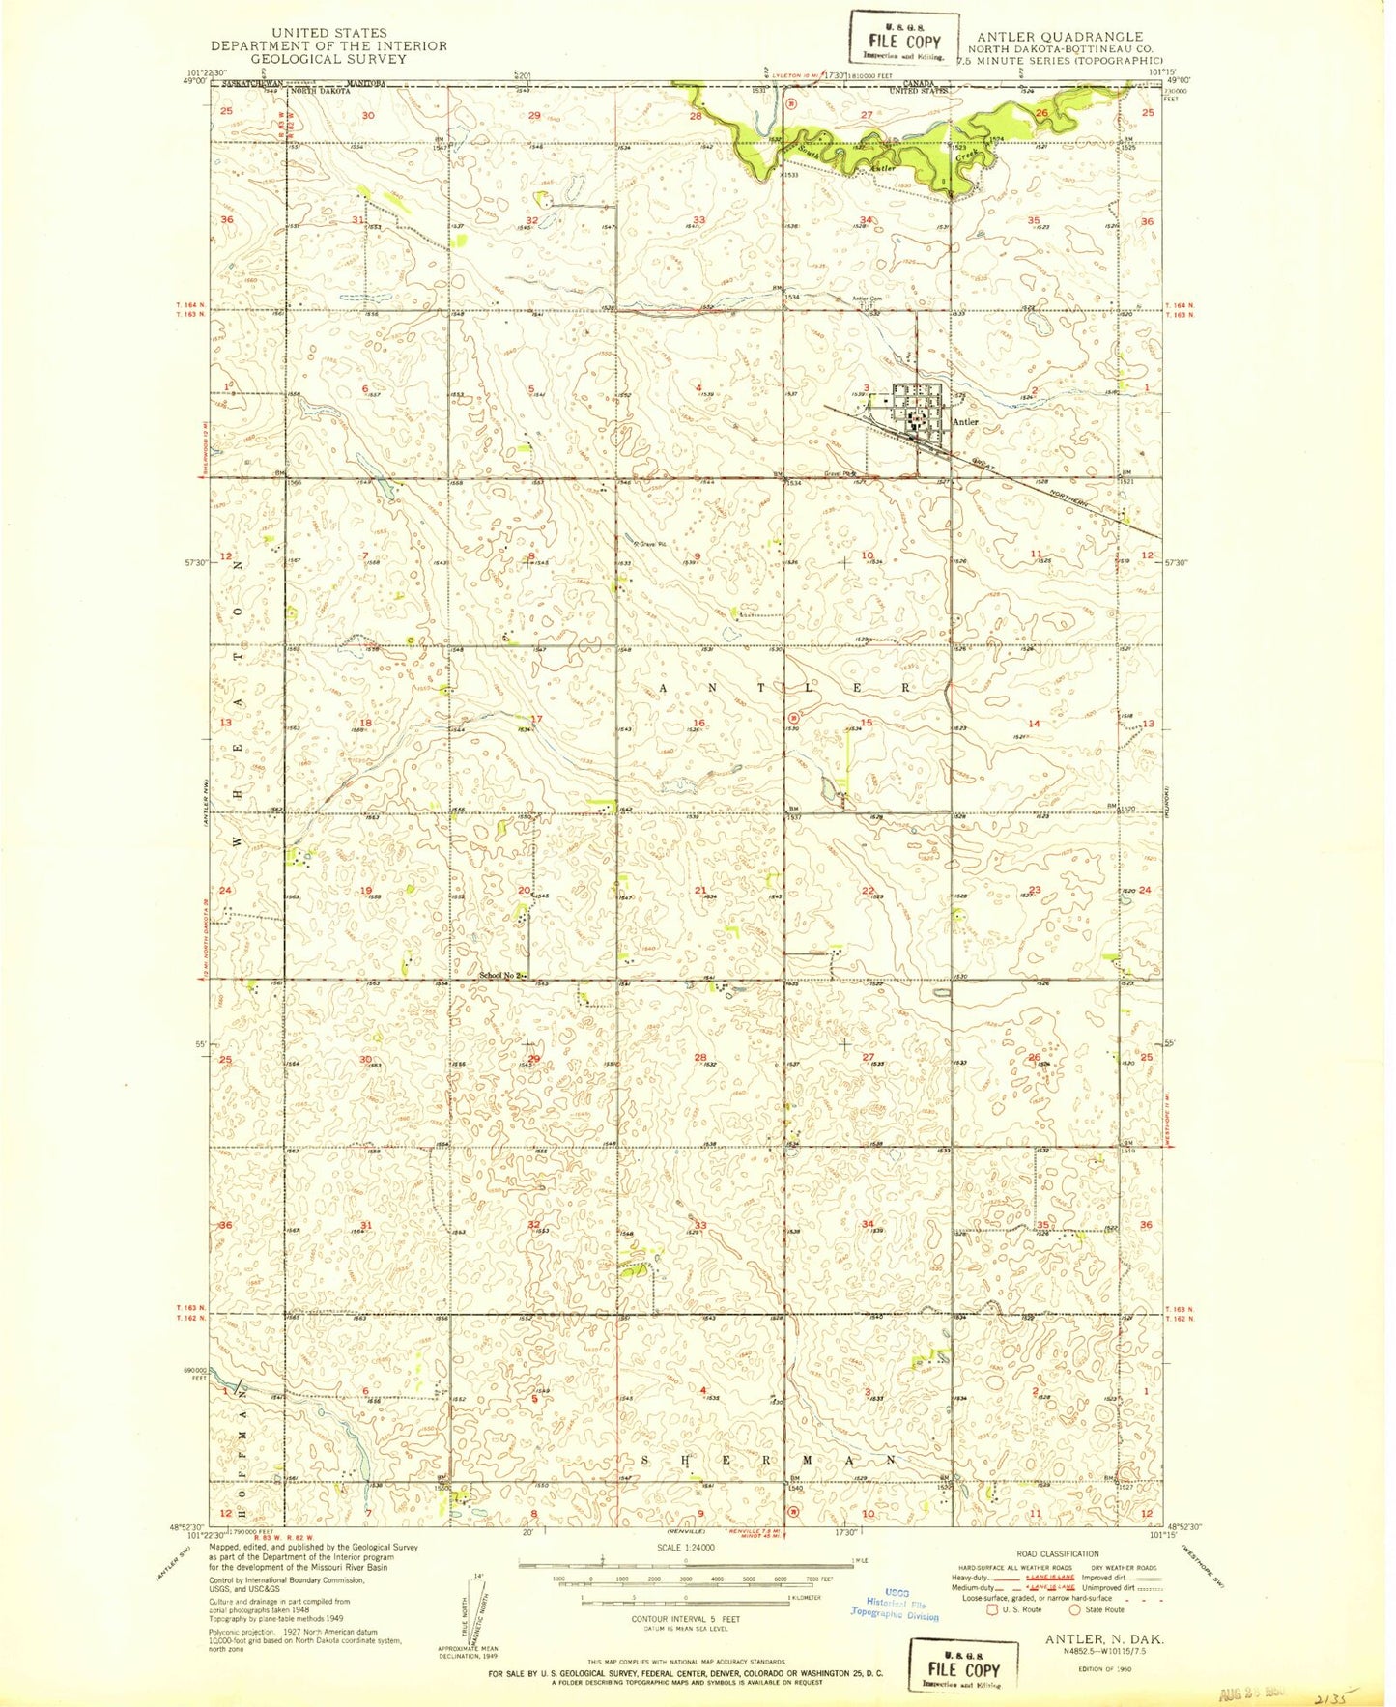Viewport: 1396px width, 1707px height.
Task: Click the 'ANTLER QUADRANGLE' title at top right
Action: (x=1059, y=37)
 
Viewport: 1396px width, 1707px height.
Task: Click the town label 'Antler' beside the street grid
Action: (x=965, y=422)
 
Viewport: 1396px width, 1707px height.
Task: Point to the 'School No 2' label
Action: (x=500, y=975)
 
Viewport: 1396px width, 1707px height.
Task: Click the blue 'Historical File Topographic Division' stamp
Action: (x=895, y=1604)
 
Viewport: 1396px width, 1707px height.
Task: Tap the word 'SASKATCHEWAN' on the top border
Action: (x=256, y=83)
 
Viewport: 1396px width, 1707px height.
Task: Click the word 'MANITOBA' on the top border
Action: (x=366, y=83)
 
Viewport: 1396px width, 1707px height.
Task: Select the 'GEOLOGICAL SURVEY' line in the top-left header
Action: (x=329, y=59)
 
